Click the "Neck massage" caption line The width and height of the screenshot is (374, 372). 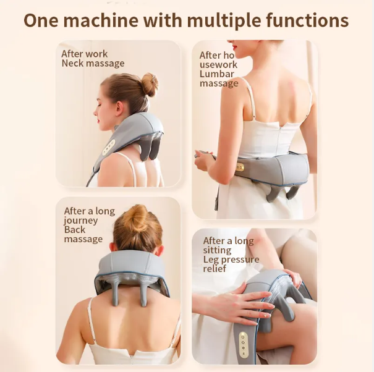coord(93,64)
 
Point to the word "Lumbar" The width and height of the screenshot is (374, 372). coord(217,74)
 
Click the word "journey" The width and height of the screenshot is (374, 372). coord(81,221)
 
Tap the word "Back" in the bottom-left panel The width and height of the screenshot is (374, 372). coord(75,230)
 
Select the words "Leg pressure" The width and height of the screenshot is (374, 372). coord(231,260)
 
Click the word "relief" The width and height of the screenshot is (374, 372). coord(215,269)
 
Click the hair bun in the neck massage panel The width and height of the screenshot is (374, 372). coord(150,84)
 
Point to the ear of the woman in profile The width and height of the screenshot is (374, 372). coord(119,109)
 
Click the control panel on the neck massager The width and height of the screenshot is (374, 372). coord(109,147)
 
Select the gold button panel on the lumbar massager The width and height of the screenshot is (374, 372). coord(240,167)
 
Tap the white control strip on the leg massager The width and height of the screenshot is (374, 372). coord(244,345)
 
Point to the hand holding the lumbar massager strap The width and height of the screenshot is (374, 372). coord(203,159)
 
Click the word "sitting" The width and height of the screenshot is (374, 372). coord(218,250)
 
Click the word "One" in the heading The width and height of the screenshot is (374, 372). coord(41,20)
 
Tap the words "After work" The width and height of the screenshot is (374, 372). coord(85,54)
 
